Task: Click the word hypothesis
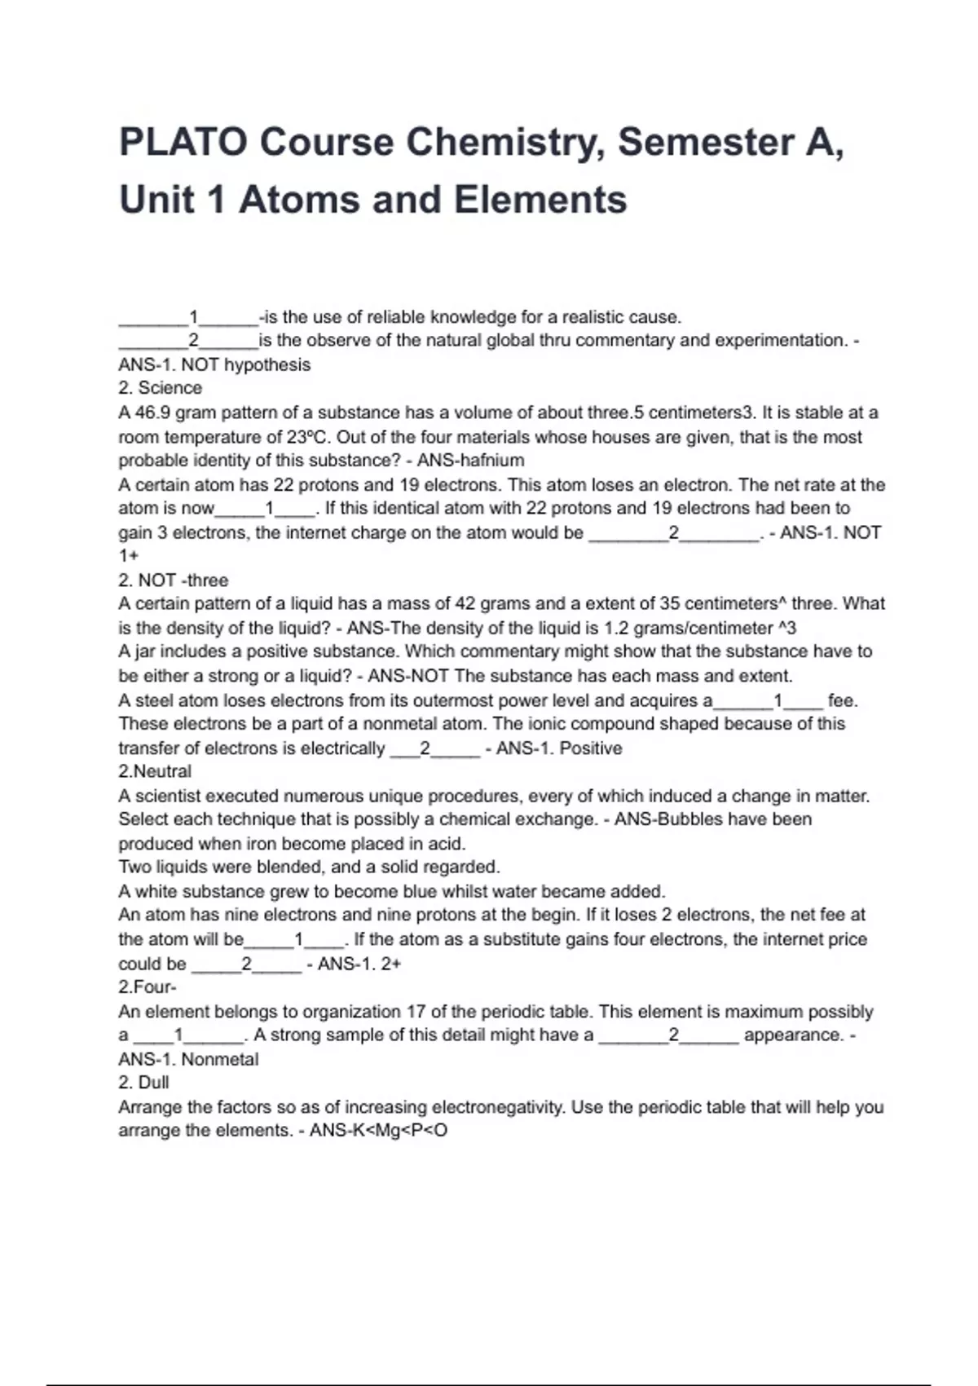tap(267, 364)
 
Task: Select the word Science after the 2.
tap(170, 388)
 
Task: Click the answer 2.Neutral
tap(155, 771)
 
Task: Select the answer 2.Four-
tap(148, 987)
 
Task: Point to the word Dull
tap(154, 1083)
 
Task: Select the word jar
tap(144, 651)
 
